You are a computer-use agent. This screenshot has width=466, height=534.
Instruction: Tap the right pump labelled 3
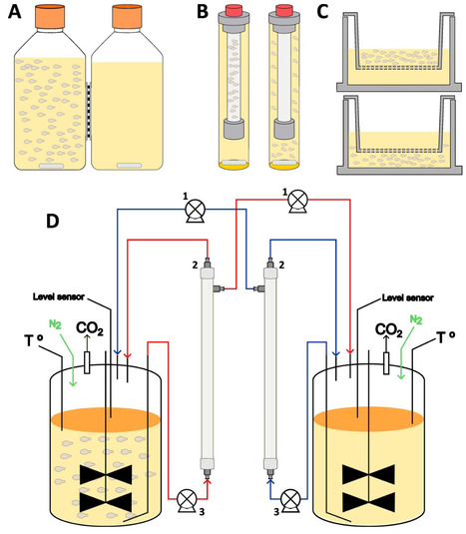coord(291,498)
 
